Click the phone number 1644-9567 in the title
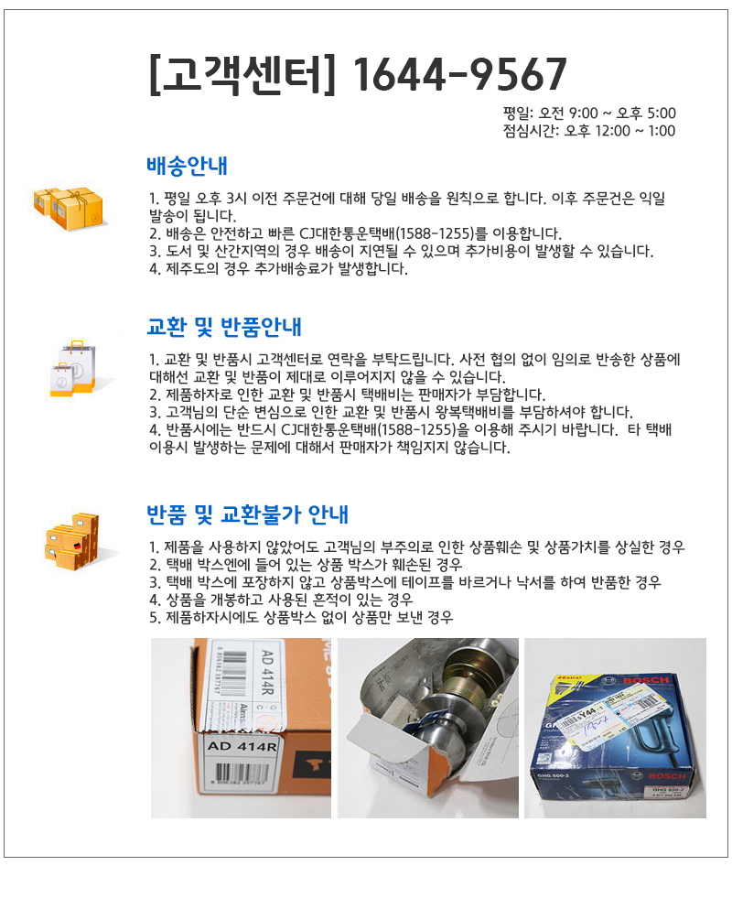pyautogui.click(x=459, y=74)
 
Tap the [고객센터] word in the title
pyautogui.click(x=242, y=74)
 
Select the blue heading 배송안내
pyautogui.click(x=188, y=166)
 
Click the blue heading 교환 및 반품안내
pyautogui.click(x=224, y=327)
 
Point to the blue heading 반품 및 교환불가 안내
pyautogui.click(x=247, y=514)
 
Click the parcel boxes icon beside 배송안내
pyautogui.click(x=70, y=209)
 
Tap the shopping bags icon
pyautogui.click(x=74, y=368)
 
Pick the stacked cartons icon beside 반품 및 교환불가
pyautogui.click(x=72, y=541)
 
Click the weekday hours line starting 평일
pyautogui.click(x=589, y=114)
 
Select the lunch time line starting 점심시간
pyautogui.click(x=589, y=131)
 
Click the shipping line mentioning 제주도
pyautogui.click(x=278, y=268)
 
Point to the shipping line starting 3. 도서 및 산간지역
pyautogui.click(x=401, y=251)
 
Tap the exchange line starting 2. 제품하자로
pyautogui.click(x=347, y=395)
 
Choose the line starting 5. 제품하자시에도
pyautogui.click(x=301, y=617)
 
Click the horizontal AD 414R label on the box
pyautogui.click(x=242, y=746)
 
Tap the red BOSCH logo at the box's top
pyautogui.click(x=646, y=680)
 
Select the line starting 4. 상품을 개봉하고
pyautogui.click(x=281, y=600)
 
